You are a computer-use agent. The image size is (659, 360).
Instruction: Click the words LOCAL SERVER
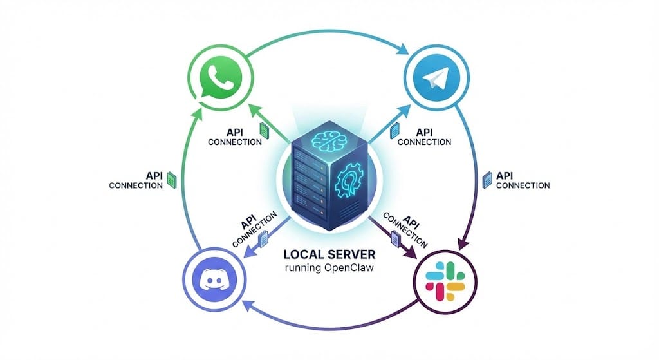(x=331, y=254)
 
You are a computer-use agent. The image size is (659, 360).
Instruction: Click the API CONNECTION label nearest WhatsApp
(x=235, y=137)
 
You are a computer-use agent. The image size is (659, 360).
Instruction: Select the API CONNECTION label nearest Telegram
(x=424, y=137)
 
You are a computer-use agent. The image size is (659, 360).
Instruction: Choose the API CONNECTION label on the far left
(x=136, y=180)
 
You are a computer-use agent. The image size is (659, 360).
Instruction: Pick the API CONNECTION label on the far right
(x=523, y=180)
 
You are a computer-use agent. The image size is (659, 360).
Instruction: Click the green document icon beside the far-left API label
(x=171, y=180)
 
